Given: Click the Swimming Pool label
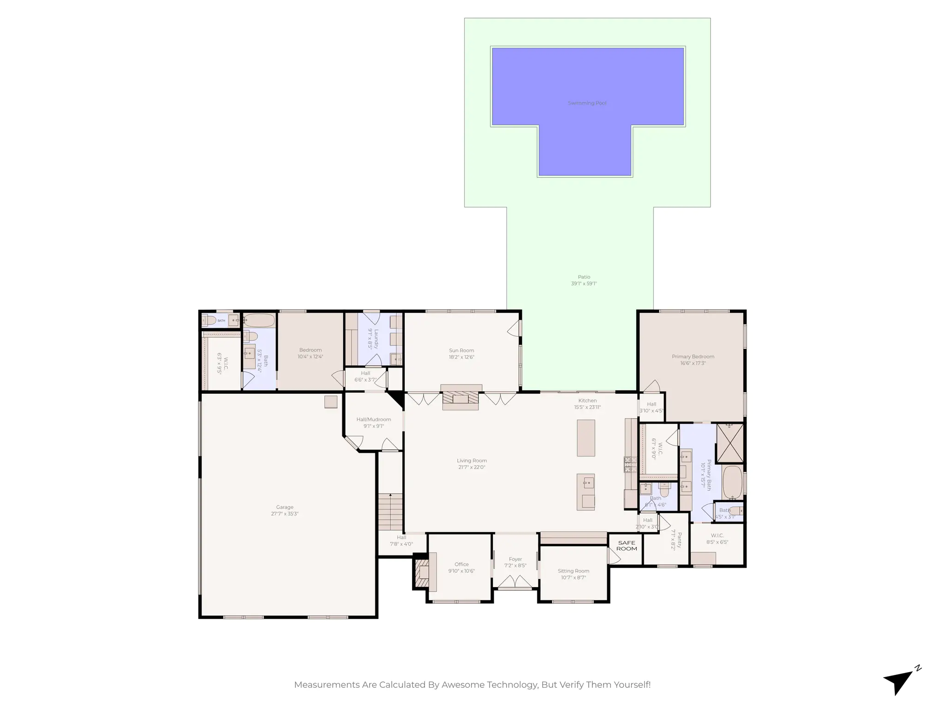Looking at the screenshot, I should (x=587, y=103).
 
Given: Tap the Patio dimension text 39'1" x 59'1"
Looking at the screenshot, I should (x=584, y=284).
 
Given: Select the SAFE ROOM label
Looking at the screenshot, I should (x=626, y=546).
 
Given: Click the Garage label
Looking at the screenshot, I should (x=285, y=507).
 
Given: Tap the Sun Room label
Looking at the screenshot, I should (x=461, y=350).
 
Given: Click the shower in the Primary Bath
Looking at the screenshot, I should (x=730, y=443).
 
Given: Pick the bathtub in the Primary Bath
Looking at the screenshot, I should (x=732, y=482).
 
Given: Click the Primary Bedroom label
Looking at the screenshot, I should (x=693, y=356).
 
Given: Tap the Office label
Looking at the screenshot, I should (x=461, y=564).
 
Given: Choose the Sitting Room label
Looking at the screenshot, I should (x=573, y=571).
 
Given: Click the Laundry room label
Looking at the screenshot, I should (x=376, y=338).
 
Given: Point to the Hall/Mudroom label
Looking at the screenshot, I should (x=373, y=420).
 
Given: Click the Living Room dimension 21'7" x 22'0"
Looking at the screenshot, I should (x=472, y=467).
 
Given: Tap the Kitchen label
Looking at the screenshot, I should (x=587, y=401).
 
